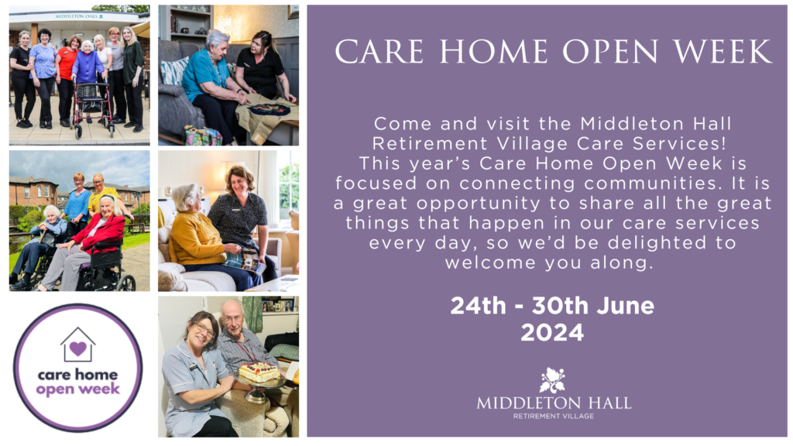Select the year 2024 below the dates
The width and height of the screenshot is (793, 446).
[552, 333]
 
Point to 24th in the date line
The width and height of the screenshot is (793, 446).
[478, 305]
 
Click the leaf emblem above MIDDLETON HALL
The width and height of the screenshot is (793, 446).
[552, 380]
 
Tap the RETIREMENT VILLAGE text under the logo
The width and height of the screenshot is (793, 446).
[554, 416]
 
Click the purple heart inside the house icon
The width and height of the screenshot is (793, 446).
[78, 348]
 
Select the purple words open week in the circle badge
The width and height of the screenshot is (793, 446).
[78, 389]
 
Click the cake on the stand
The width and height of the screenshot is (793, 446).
[259, 372]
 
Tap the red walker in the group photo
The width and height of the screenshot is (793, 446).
[92, 107]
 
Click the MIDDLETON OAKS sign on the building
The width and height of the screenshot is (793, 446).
[79, 17]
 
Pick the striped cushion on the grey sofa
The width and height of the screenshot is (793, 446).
[174, 71]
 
